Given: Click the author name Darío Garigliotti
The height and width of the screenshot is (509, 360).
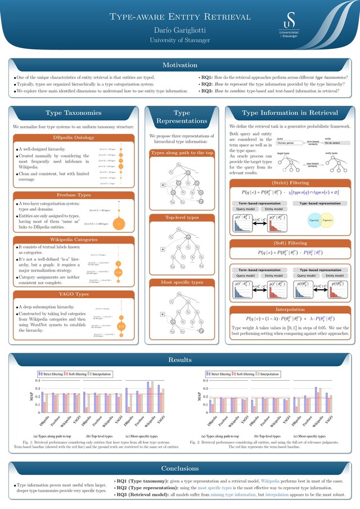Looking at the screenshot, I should click(x=179, y=29).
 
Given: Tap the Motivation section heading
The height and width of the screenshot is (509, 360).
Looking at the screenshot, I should click(x=179, y=65).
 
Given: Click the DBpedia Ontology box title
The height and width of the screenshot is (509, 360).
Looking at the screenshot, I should click(x=73, y=137).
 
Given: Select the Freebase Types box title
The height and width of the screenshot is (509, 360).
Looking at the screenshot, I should click(x=73, y=195).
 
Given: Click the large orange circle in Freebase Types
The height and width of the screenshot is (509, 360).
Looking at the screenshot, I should click(x=118, y=223).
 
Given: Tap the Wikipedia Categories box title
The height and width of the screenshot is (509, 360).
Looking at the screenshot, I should click(x=73, y=240).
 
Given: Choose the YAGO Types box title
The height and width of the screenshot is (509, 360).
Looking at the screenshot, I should click(x=73, y=294).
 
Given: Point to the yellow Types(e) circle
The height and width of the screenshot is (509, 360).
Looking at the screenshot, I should click(x=327, y=220).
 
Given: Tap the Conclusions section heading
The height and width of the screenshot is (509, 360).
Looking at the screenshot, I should click(x=179, y=468).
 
